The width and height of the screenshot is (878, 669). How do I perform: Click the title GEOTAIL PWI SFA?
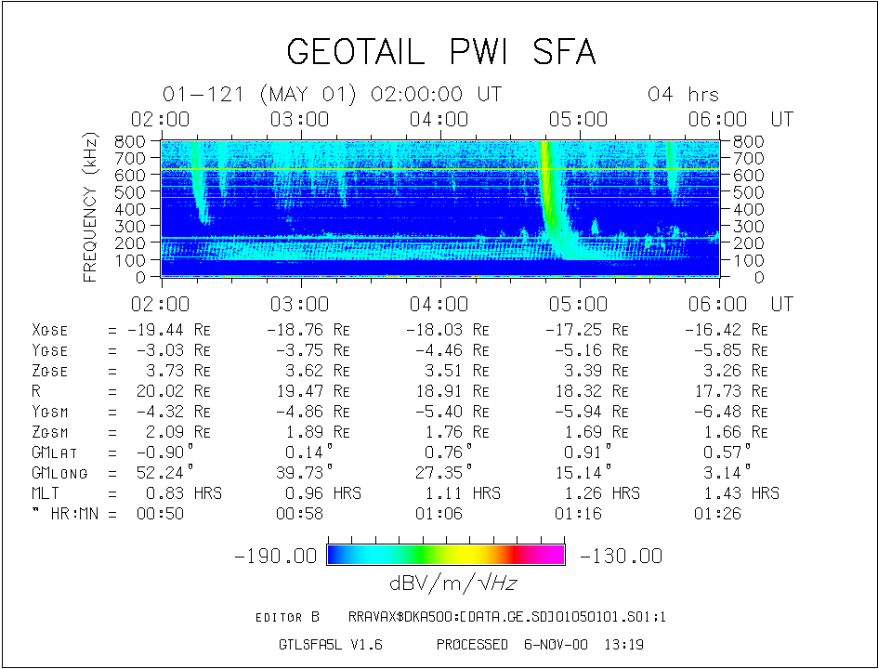point(440,52)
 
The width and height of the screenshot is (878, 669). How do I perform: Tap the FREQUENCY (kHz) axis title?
point(90,207)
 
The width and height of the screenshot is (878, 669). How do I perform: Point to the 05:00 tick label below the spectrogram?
point(577,305)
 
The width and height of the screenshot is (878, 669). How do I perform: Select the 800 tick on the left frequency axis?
point(133,141)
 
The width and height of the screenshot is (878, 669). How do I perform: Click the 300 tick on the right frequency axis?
point(746,226)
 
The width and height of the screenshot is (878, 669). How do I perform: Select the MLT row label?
point(46,493)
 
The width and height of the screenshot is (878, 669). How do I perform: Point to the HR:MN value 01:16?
point(578,514)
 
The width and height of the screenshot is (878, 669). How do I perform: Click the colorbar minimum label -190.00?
point(277,557)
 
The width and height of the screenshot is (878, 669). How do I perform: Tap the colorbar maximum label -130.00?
point(621,557)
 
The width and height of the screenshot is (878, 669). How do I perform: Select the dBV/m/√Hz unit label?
point(446,583)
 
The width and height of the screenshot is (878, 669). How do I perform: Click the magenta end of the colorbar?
point(556,555)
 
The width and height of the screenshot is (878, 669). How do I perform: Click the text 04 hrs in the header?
point(683,95)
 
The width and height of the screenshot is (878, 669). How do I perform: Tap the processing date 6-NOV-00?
point(556,644)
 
